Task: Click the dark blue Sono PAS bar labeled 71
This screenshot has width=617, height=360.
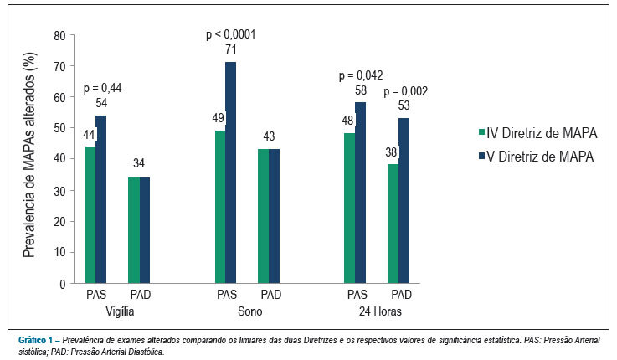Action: [x=230, y=172]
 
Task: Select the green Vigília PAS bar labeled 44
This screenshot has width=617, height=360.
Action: [x=90, y=215]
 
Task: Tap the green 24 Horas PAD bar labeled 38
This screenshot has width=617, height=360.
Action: [x=393, y=224]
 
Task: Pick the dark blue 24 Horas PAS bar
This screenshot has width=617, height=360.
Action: [x=361, y=193]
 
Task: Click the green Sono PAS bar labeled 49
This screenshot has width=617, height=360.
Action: [x=220, y=207]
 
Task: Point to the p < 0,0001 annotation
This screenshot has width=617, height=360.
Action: [x=231, y=34]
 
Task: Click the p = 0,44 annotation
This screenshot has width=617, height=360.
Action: [x=102, y=88]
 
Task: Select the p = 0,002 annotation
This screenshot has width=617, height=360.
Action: [x=406, y=91]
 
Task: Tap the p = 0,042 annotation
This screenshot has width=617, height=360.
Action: [x=361, y=75]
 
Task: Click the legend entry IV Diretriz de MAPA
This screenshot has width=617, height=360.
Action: [x=537, y=133]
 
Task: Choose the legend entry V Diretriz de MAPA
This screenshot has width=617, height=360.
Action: [x=536, y=157]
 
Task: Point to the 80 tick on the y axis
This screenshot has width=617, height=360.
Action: [x=59, y=35]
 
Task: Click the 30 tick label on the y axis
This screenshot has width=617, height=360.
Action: [x=59, y=190]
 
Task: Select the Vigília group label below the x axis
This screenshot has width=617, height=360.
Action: [x=120, y=311]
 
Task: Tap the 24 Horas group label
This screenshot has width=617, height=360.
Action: [x=380, y=311]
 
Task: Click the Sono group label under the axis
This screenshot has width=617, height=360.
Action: [x=249, y=311]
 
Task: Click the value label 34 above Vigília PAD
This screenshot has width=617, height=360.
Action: [x=139, y=163]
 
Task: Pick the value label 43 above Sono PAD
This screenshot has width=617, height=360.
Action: [x=269, y=136]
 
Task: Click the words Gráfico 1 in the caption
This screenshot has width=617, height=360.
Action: [x=35, y=340]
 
